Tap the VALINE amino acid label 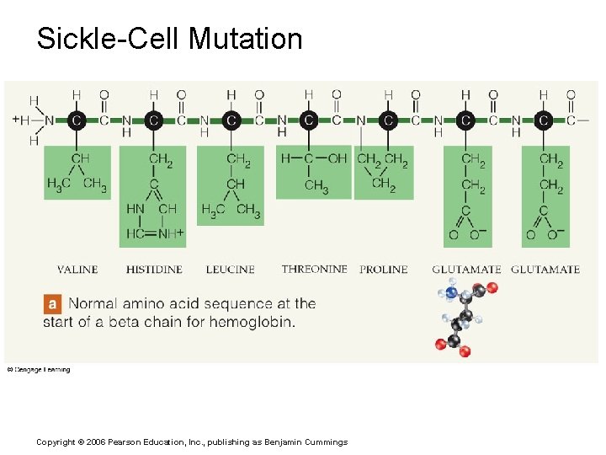pos(77,270)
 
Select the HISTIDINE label pos(154,270)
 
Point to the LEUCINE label pos(230,270)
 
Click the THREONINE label pos(314,269)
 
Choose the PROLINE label pos(383,270)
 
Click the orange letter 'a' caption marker pos(53,303)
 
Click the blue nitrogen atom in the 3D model pos(452,293)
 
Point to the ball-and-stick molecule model pos(463,318)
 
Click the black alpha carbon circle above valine pos(76,120)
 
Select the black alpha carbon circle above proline pos(387,120)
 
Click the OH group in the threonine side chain pos(337,158)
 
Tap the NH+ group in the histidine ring pos(171,233)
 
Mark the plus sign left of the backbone pos(15,120)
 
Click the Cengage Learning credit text pos(39,369)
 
